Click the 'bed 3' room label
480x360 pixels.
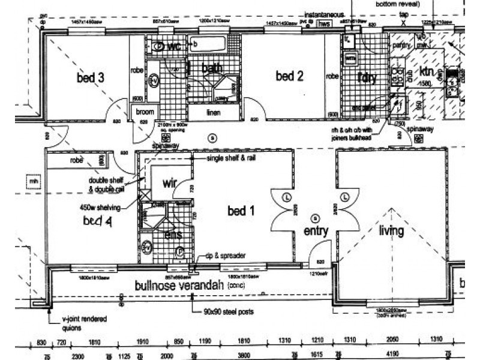point(91,77)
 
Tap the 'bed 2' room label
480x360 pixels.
point(289,76)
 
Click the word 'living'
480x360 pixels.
point(391,230)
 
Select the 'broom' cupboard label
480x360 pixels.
point(145,112)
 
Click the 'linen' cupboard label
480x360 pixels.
point(214,113)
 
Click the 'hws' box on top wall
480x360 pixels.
point(325,24)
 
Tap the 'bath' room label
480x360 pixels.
point(211,68)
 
